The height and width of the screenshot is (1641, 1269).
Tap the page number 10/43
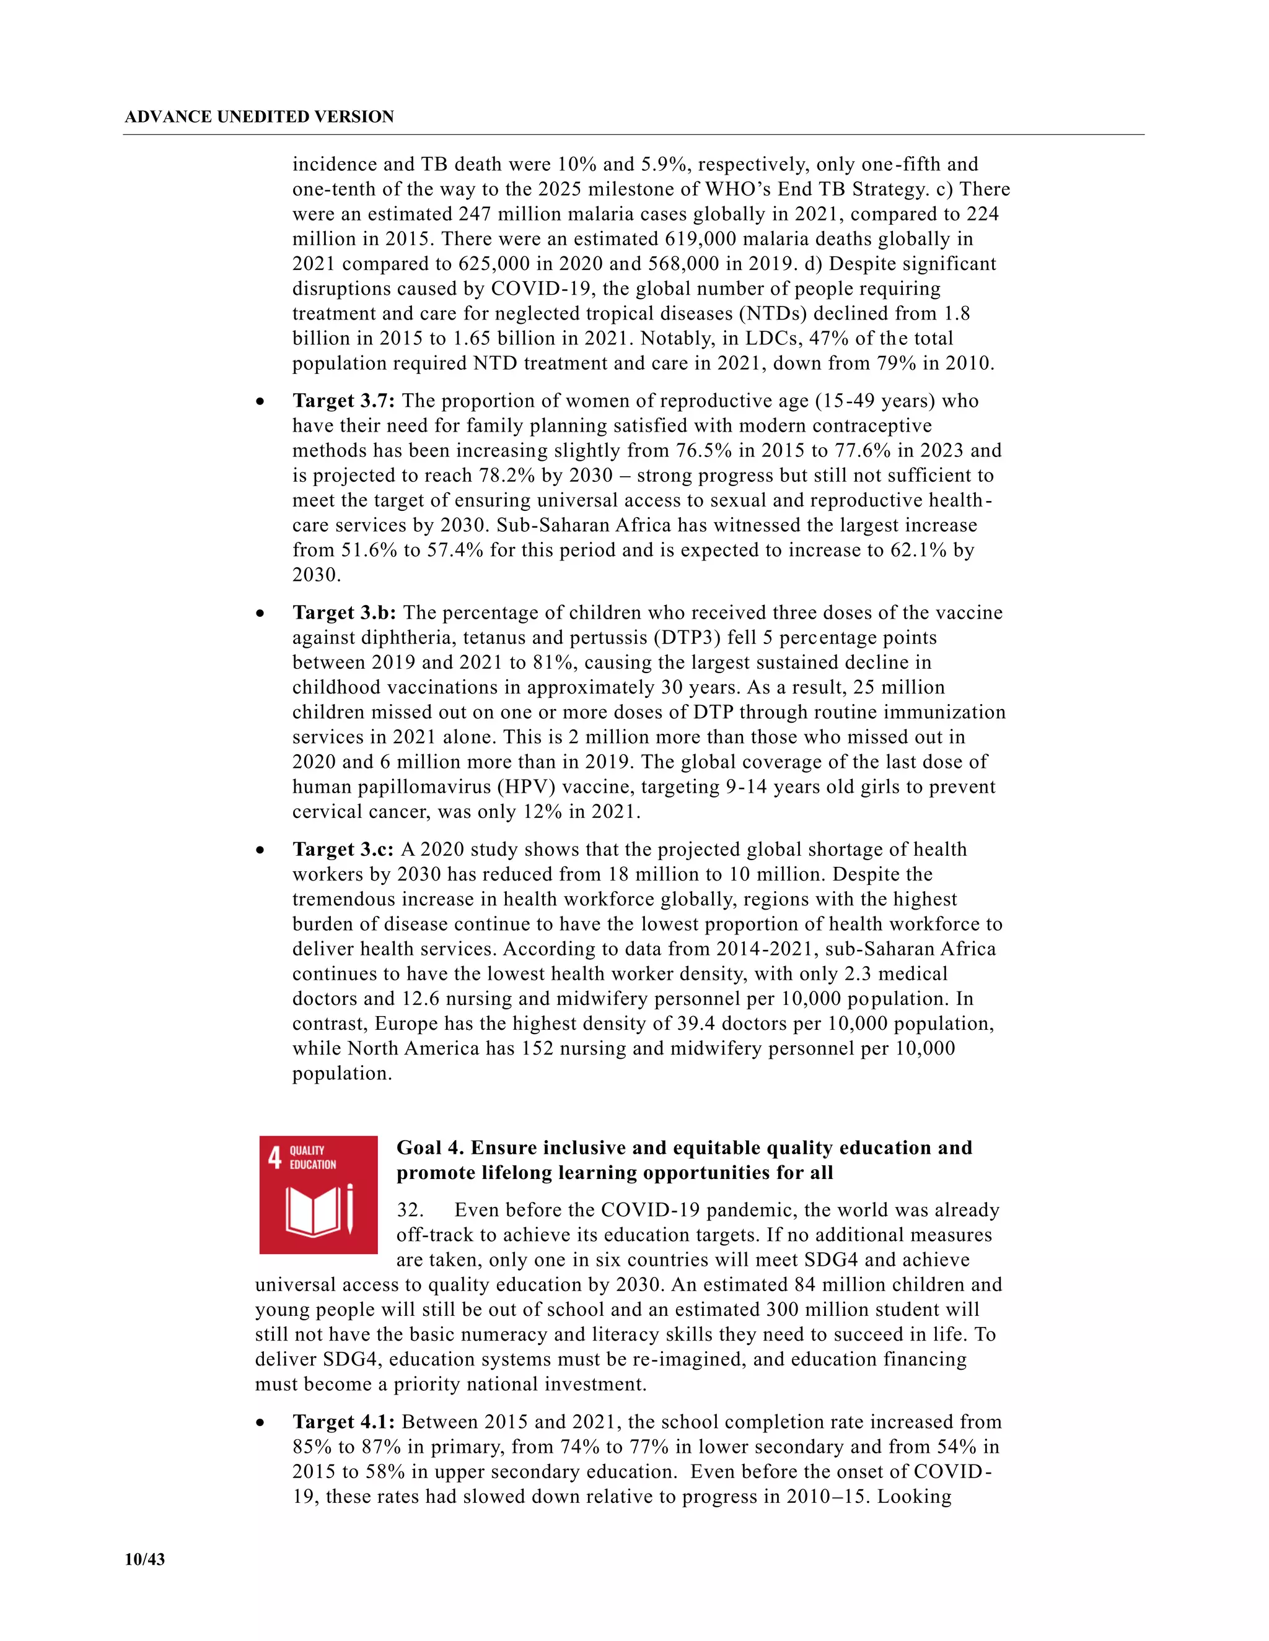pos(144,1559)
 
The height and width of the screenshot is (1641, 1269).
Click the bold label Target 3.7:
pos(343,401)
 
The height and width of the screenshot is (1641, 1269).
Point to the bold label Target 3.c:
pos(343,849)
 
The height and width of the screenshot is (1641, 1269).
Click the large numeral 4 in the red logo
pos(274,1158)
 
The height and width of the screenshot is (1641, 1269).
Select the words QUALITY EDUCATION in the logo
pos(313,1158)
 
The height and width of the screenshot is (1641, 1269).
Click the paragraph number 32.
pos(410,1210)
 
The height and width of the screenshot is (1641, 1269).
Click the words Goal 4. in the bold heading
pos(429,1147)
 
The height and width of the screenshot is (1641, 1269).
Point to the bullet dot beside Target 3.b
pos(260,614)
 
